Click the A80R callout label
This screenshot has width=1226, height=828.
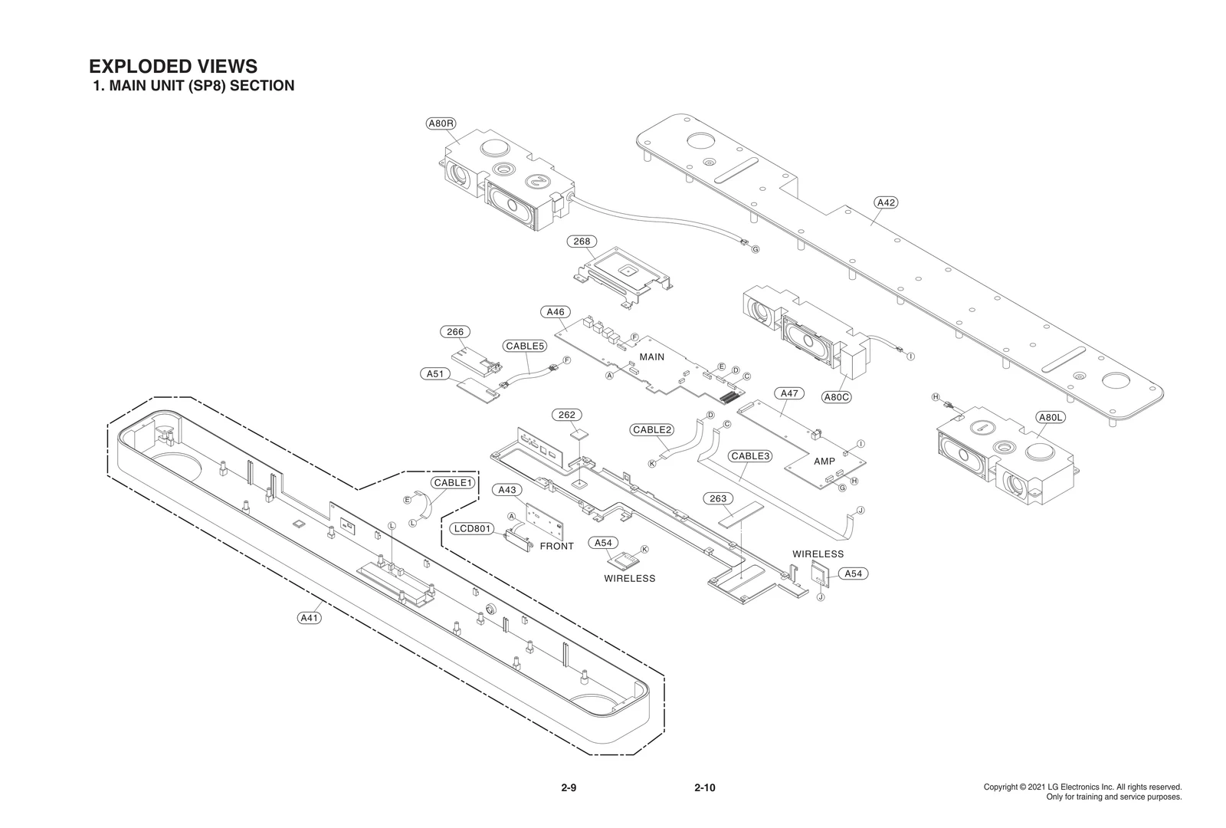point(441,123)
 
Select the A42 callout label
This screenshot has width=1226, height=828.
point(886,202)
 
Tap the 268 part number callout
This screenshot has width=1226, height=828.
point(582,242)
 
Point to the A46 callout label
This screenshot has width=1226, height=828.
point(555,312)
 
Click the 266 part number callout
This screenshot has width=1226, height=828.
point(455,332)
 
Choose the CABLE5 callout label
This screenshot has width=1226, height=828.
point(525,346)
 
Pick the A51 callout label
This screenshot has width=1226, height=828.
point(434,374)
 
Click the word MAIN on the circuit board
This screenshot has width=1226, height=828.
point(652,357)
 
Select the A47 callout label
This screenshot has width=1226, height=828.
point(789,393)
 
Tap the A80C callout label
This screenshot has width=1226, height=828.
point(837,397)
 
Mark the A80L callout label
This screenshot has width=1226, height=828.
point(1050,418)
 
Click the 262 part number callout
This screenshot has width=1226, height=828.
point(567,415)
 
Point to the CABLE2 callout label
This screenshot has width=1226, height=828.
point(652,430)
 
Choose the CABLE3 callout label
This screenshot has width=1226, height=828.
point(749,456)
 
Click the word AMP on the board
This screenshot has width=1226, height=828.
point(824,462)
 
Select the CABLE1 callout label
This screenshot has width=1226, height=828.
point(453,483)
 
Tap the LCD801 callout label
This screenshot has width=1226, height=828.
point(471,529)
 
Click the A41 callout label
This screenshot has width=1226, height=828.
point(309,617)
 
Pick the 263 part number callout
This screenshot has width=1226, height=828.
point(718,499)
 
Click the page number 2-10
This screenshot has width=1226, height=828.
point(704,787)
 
